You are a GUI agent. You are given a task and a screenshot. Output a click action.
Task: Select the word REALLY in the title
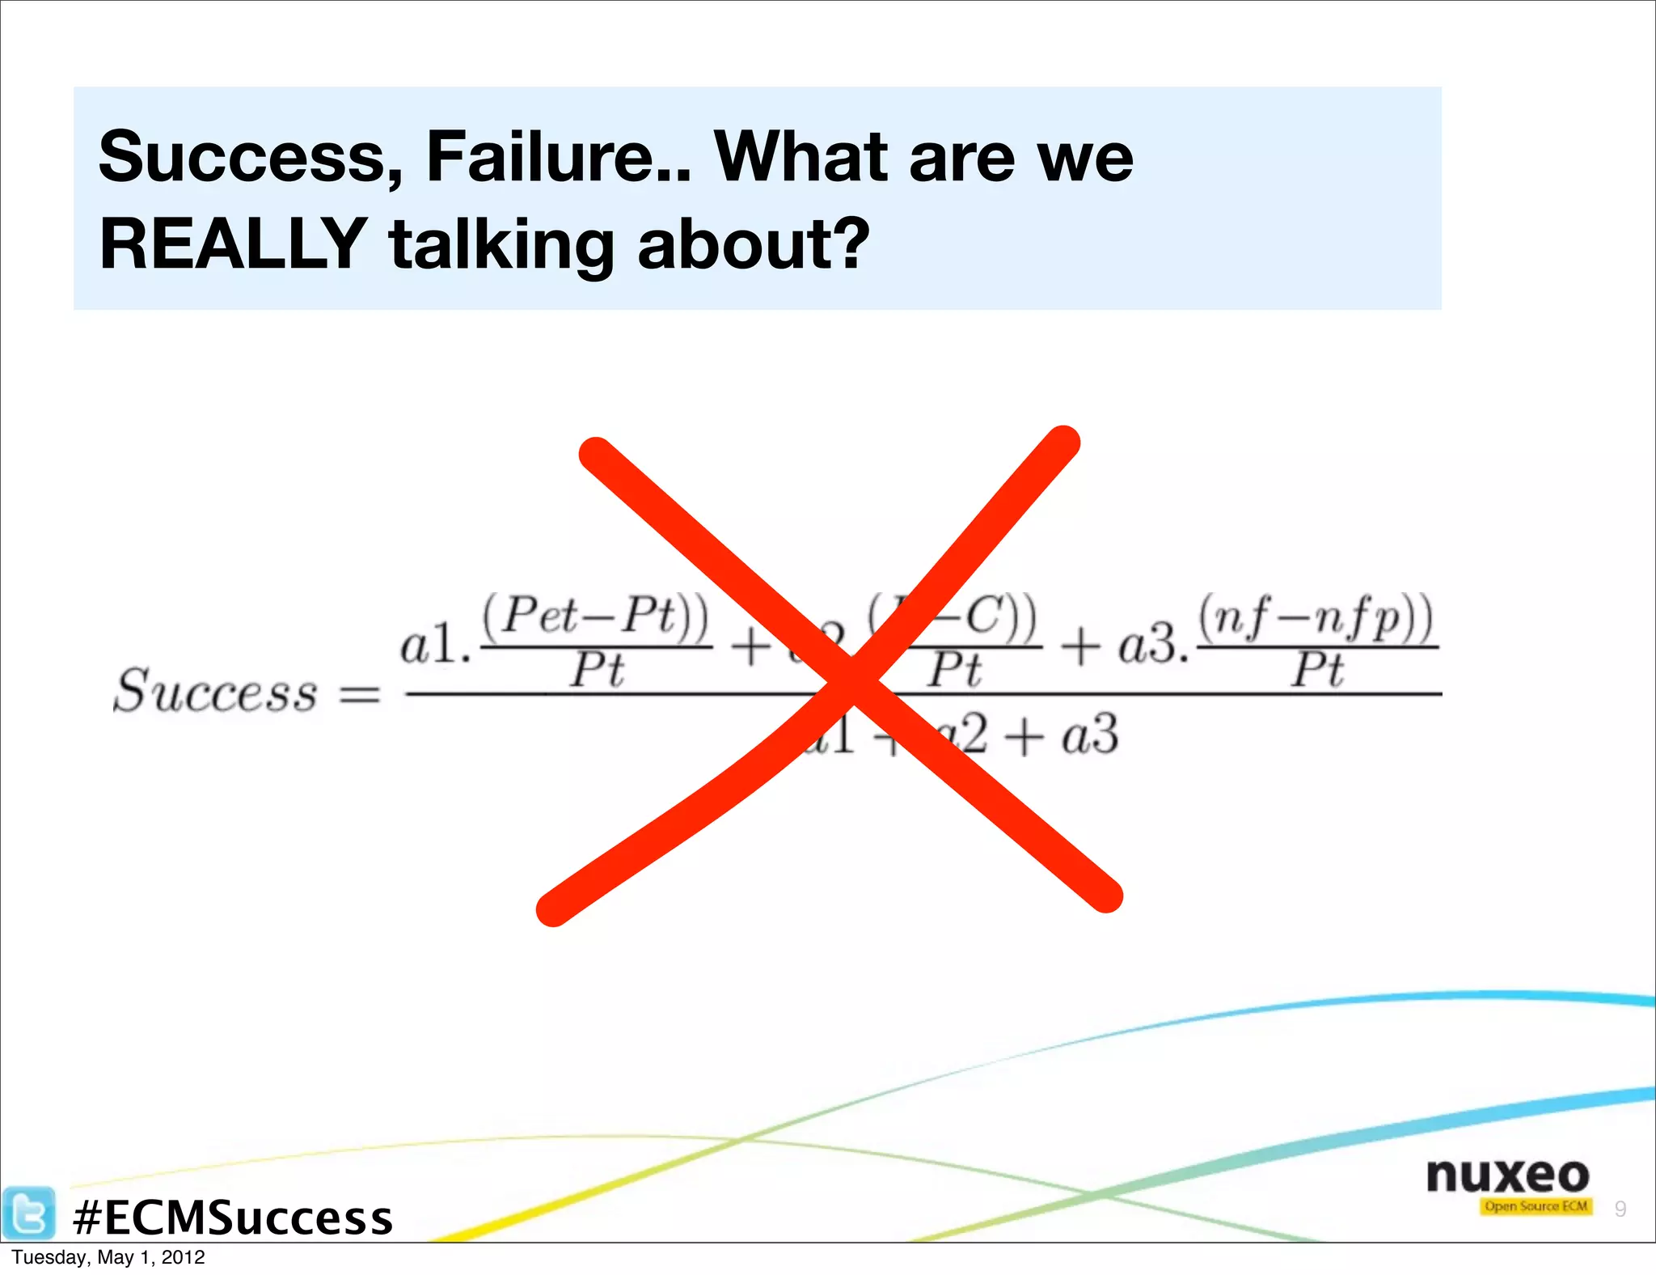point(233,244)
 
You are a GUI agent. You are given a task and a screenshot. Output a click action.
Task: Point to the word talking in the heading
point(501,244)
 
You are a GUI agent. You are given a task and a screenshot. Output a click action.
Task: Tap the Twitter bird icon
point(28,1214)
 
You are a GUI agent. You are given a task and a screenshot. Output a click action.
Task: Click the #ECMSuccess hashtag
point(232,1218)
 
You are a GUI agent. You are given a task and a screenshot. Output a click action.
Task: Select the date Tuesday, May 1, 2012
point(108,1257)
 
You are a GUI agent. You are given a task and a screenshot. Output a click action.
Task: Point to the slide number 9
point(1620,1209)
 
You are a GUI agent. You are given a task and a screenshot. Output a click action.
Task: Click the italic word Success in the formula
point(215,693)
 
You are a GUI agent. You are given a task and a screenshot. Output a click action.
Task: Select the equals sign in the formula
point(359,694)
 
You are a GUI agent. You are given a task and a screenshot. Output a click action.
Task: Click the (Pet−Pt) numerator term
point(596,616)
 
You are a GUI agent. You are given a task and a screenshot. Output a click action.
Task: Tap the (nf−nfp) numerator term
point(1316,618)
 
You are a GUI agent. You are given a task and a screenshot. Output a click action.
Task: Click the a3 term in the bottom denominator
point(1090,736)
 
